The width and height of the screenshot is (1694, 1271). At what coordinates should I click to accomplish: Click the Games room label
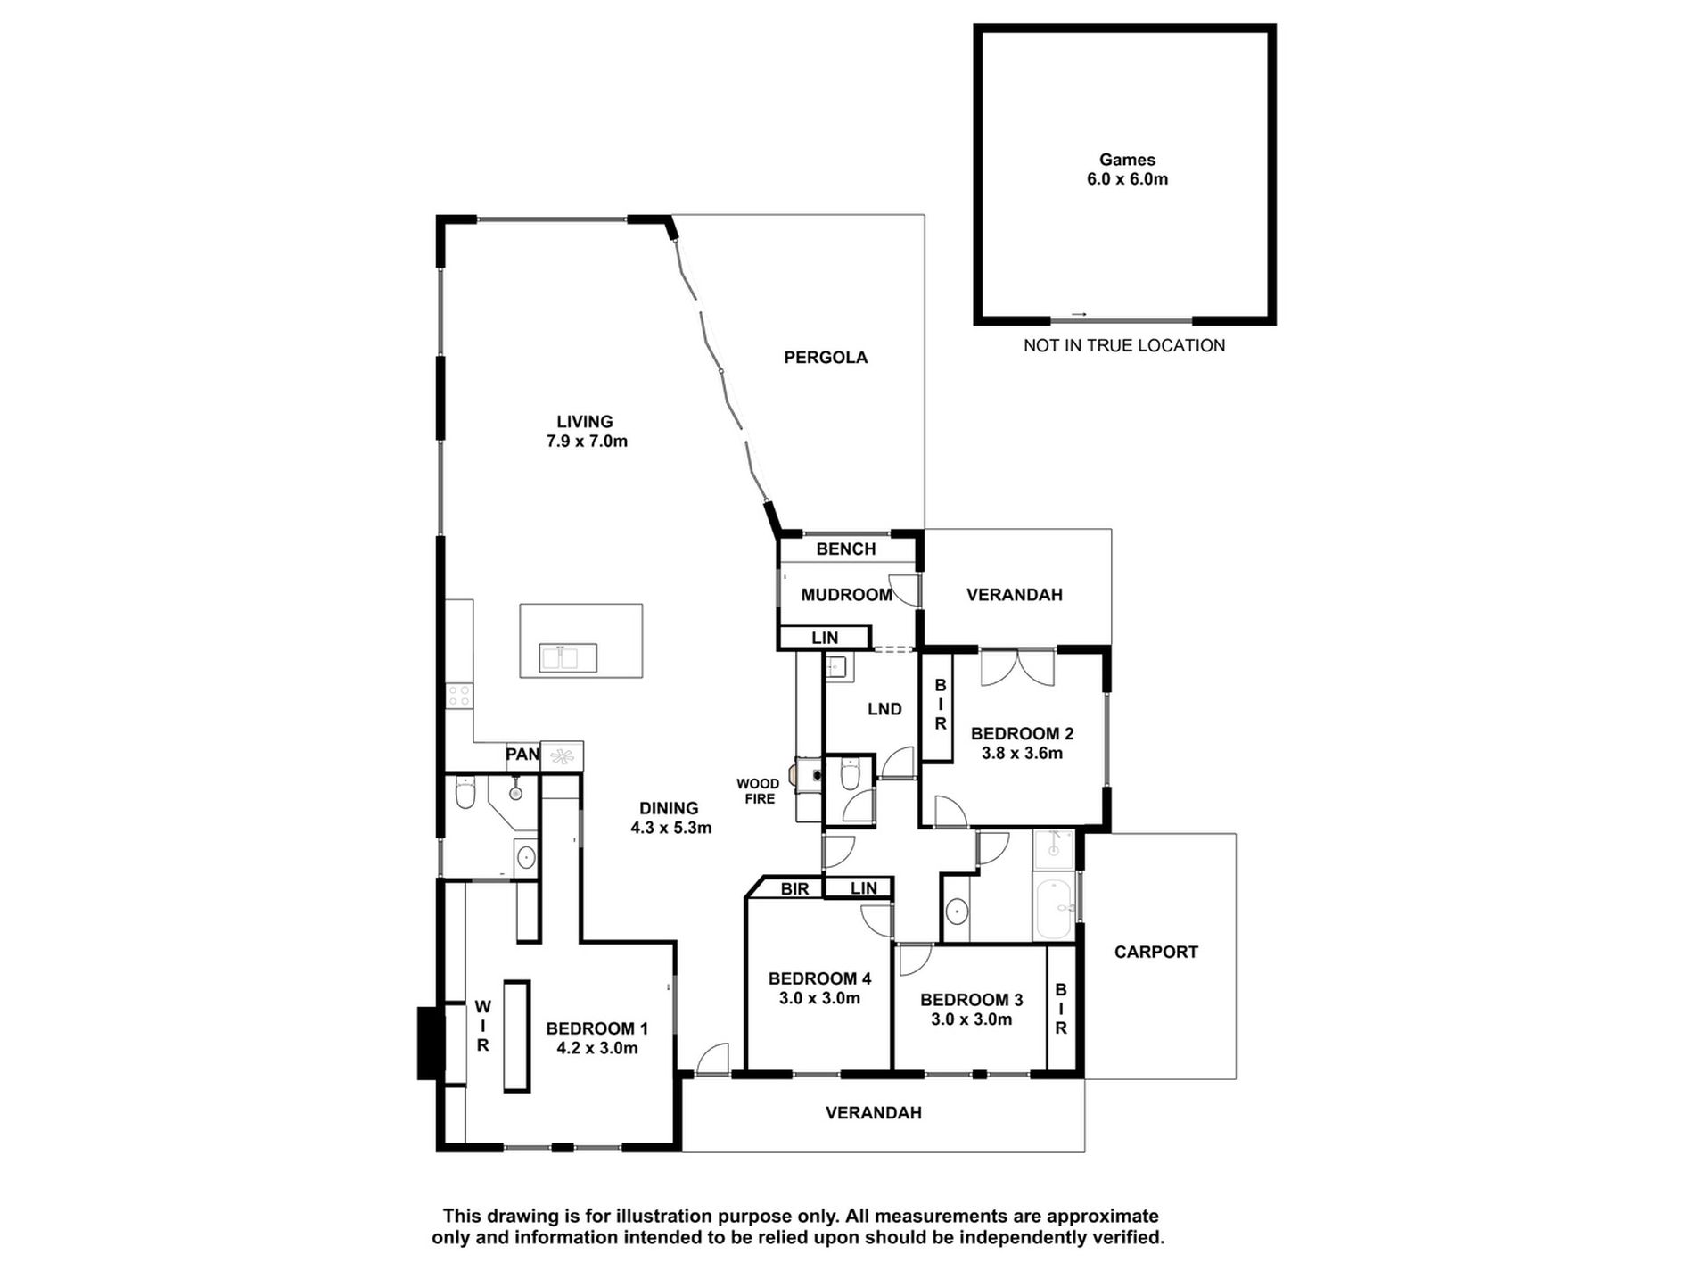coord(1127,161)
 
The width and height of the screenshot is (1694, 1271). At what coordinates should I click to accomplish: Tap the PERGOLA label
coord(825,358)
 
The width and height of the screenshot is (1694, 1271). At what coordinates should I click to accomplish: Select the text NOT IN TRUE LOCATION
coord(1123,345)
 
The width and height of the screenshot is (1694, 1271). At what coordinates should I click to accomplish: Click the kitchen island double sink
coord(568,658)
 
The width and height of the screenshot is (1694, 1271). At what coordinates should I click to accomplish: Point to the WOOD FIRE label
coord(758,791)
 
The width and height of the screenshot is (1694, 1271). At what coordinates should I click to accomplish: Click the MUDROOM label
coord(845,595)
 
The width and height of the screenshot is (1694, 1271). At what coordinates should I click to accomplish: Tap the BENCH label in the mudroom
coord(845,549)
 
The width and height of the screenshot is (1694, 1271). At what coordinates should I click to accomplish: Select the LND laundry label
coord(884,709)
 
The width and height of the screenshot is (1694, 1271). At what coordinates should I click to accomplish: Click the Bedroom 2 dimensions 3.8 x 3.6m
coord(1022,754)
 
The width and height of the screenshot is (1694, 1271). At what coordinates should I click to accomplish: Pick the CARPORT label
coord(1155,952)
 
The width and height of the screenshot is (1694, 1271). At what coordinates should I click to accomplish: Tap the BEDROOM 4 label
coord(819,978)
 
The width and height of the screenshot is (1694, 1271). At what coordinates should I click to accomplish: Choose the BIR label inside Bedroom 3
coord(1061,1009)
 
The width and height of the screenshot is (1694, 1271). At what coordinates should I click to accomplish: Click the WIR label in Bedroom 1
coord(482,1026)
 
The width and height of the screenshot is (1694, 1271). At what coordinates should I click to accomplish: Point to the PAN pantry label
coord(522,755)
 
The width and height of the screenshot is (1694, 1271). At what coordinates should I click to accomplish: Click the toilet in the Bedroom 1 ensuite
coord(465,793)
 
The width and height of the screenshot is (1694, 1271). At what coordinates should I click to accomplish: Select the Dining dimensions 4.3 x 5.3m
coord(670,828)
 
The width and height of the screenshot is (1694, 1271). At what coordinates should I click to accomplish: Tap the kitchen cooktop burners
coord(459,696)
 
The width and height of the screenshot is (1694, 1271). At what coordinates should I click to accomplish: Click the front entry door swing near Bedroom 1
coord(712,1059)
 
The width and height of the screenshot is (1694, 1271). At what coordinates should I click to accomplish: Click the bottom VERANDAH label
coord(873,1113)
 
